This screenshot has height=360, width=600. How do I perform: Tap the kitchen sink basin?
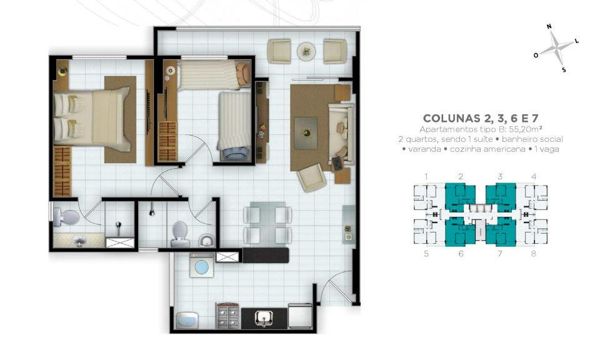[264, 317]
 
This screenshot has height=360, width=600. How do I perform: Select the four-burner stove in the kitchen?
[227, 316]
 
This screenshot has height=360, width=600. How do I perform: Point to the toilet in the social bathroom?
[180, 234]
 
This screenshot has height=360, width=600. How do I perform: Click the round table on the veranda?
[306, 51]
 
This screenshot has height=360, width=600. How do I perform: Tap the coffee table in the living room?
[306, 132]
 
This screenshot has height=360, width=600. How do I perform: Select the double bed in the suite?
[92, 118]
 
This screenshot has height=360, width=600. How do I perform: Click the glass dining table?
[267, 223]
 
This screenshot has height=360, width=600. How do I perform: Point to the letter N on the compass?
[549, 26]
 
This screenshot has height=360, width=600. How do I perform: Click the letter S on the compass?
[564, 70]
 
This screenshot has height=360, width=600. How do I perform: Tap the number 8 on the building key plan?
[533, 253]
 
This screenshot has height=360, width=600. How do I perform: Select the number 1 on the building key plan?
[426, 176]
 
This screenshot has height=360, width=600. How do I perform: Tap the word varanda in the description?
[424, 149]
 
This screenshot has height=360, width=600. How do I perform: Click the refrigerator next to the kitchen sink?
[300, 316]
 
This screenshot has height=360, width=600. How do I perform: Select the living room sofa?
[341, 134]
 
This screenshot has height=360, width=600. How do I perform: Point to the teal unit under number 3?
[501, 196]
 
